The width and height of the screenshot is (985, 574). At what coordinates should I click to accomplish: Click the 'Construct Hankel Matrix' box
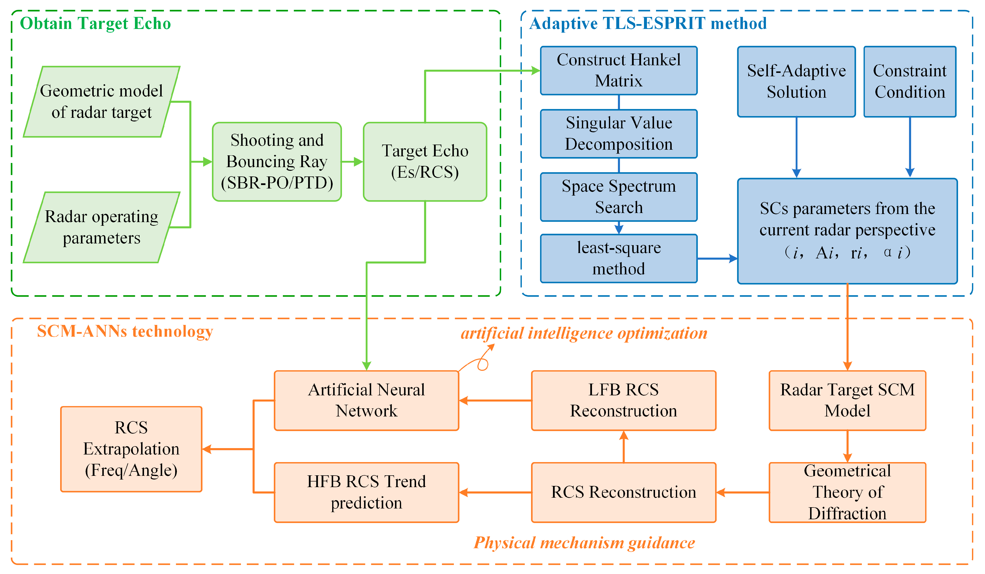(x=618, y=71)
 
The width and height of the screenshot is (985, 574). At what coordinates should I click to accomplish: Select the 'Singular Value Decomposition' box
(x=618, y=134)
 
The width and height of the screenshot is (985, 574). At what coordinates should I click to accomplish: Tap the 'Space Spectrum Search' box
(x=618, y=197)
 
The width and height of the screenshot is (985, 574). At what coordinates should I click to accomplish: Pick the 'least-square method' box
(x=618, y=258)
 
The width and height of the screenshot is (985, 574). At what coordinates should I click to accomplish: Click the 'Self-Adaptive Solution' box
(x=796, y=81)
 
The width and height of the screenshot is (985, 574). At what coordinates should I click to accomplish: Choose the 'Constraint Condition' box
(x=910, y=81)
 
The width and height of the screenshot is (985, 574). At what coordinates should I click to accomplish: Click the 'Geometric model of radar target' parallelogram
(x=101, y=102)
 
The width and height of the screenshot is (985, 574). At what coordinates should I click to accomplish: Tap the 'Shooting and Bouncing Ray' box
(x=277, y=161)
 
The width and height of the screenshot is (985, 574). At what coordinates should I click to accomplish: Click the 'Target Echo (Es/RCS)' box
(x=425, y=161)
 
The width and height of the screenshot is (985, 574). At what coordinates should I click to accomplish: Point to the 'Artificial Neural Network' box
(x=366, y=400)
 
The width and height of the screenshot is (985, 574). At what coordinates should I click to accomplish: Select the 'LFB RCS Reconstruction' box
(x=623, y=400)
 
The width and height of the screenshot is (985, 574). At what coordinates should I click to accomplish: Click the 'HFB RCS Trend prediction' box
(x=366, y=492)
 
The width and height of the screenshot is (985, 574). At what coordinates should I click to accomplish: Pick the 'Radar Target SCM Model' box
(x=847, y=400)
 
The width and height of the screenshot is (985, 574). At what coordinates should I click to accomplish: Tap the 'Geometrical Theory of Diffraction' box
(x=847, y=492)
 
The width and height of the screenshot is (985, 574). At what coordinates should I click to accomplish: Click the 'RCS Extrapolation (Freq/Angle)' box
(x=131, y=449)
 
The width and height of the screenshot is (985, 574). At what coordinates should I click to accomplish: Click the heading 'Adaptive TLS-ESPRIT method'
(x=648, y=24)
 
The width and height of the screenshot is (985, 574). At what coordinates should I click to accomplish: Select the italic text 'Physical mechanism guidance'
(x=584, y=543)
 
